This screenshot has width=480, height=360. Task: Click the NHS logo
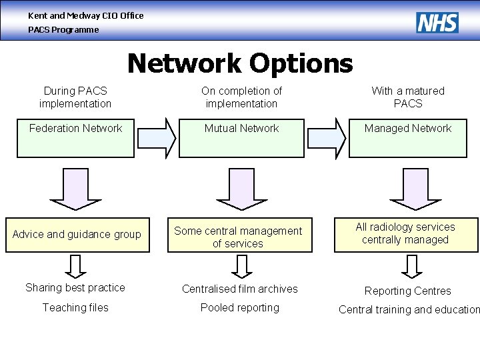coord(437,23)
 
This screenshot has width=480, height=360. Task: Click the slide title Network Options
coord(240,63)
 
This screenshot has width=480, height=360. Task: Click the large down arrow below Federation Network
coord(76,188)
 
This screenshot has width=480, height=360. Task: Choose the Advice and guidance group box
coord(77,235)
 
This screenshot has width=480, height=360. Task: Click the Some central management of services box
coord(239,237)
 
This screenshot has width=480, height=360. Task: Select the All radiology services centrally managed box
coord(405,235)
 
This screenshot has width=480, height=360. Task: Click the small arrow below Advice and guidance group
coord(77,265)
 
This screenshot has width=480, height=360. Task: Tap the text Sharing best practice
coord(75,288)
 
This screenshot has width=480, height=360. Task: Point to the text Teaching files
coord(75,308)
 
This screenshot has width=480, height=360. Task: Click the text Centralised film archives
coord(240,289)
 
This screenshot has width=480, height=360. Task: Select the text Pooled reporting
coord(240,308)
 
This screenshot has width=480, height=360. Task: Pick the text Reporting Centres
coord(407,291)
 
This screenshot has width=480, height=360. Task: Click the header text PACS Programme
coord(63,30)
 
